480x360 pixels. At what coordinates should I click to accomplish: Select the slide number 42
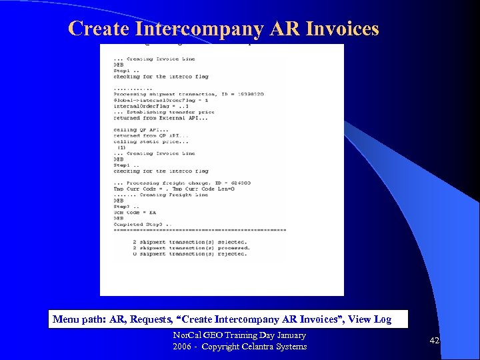pos(435,341)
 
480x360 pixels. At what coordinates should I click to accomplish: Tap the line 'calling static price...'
pos(143,141)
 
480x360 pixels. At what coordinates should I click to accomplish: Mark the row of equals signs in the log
pos(199,230)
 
